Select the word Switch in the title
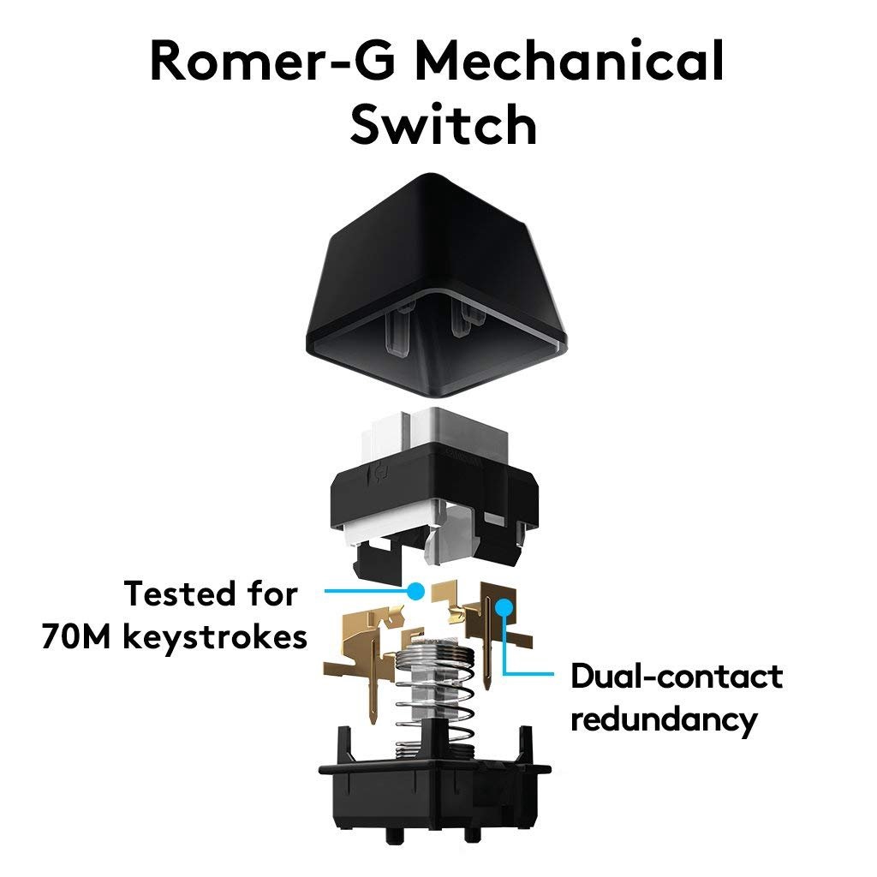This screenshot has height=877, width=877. pos(443,124)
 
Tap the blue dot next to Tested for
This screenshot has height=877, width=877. pos(416,590)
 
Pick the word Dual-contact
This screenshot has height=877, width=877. pos(677,677)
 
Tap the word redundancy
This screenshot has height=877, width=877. pos(664,719)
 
